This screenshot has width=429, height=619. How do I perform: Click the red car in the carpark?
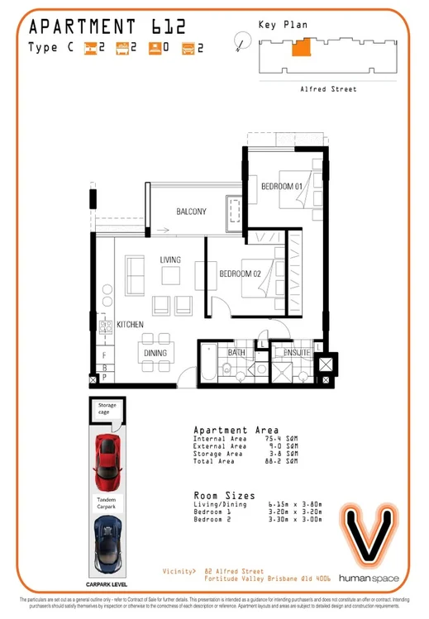point(107,461)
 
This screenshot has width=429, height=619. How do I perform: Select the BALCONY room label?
point(191,212)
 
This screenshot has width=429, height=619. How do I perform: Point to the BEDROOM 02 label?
point(241,274)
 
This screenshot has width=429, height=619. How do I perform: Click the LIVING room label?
point(170,260)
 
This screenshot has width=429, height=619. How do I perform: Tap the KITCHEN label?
point(131,324)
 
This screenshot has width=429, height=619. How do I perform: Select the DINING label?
point(155,354)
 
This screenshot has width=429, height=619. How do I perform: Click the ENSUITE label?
point(298,353)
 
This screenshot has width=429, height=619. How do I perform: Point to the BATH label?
point(237,353)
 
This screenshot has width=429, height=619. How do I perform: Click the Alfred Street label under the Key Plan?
point(328,89)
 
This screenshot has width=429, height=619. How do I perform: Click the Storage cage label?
point(107,409)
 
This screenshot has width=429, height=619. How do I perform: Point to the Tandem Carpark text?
point(107,503)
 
